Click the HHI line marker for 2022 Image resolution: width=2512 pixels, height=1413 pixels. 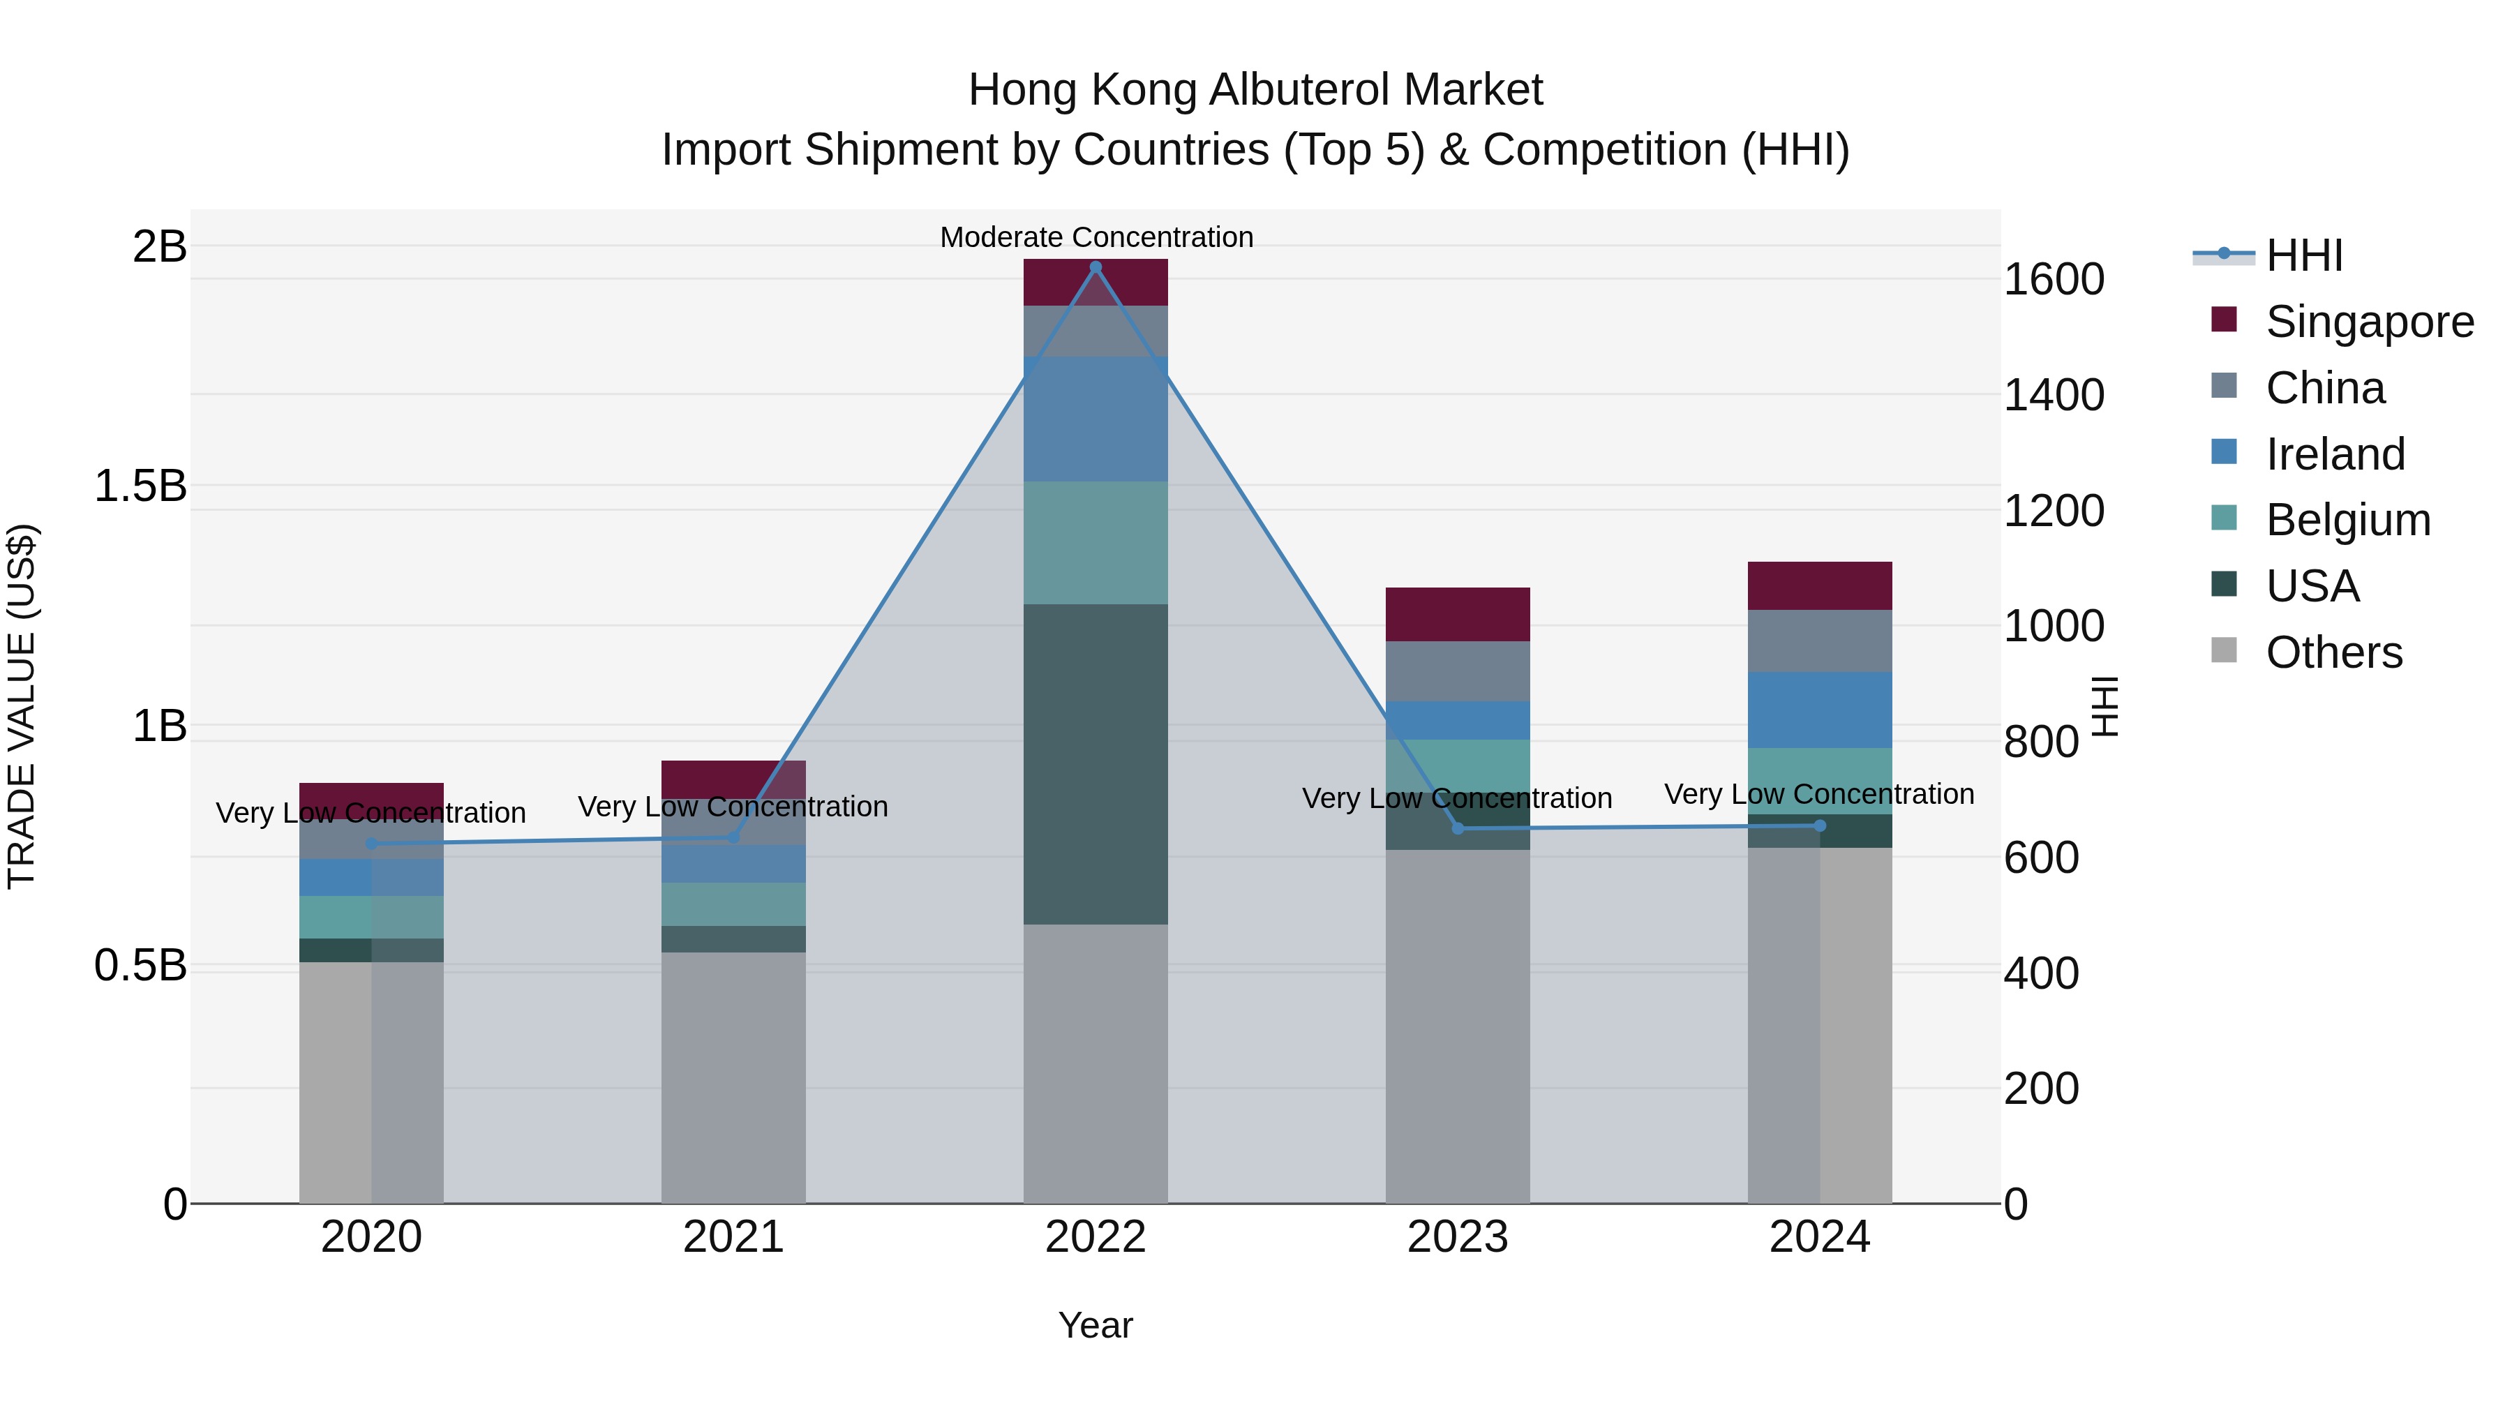(x=1095, y=267)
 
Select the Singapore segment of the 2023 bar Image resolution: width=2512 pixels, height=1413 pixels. (x=1458, y=614)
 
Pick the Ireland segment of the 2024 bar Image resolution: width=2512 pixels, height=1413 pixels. (x=1820, y=710)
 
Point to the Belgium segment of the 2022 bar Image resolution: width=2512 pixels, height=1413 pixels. (x=1095, y=542)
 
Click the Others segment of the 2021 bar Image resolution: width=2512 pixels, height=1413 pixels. (x=733, y=1077)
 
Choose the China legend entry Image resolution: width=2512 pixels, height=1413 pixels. (x=2325, y=388)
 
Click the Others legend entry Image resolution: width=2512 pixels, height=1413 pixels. (x=2333, y=652)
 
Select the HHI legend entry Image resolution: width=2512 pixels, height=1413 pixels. (x=2303, y=255)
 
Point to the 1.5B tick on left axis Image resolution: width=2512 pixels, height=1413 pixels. (x=140, y=486)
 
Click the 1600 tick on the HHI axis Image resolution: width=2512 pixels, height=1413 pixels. (x=2054, y=280)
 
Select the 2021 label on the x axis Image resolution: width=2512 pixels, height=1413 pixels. (x=733, y=1237)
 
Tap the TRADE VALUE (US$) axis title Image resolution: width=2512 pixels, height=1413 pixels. (x=22, y=706)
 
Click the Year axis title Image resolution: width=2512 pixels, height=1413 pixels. (x=1095, y=1325)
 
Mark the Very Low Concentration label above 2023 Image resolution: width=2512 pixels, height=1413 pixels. (x=1457, y=798)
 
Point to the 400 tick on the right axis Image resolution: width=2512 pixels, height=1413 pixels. (x=2041, y=973)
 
